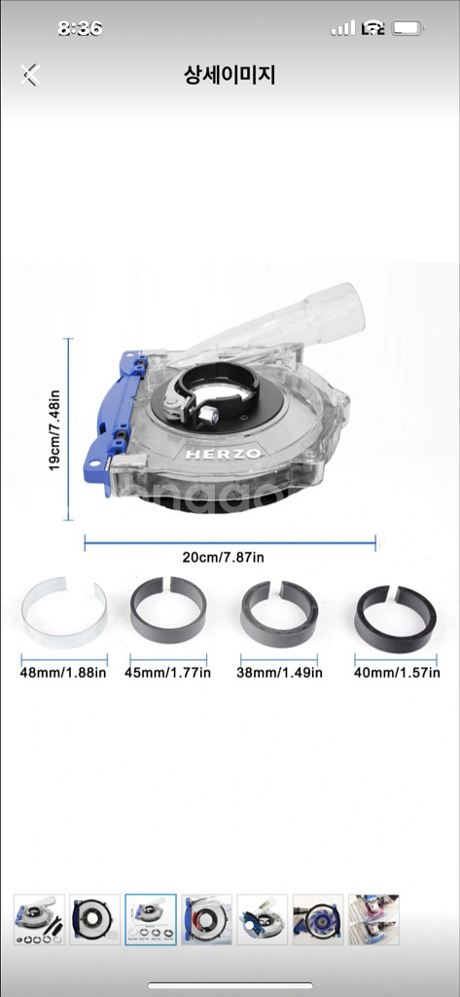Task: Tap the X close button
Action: tap(30, 74)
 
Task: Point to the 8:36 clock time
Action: tap(80, 28)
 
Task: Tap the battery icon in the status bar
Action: tap(407, 28)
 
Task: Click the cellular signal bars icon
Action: tap(343, 28)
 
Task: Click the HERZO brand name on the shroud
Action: tap(223, 454)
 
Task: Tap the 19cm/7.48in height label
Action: tap(54, 429)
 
